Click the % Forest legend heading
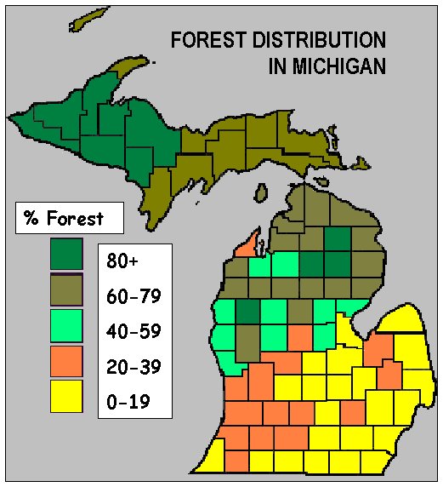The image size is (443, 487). coord(64,218)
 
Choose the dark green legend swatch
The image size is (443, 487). coord(65,254)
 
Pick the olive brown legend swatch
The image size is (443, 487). coord(65,290)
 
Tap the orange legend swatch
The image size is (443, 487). coord(65,361)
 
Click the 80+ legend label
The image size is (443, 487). coord(123,262)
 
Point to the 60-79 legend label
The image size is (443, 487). coord(133,297)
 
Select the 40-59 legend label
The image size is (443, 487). coord(133,333)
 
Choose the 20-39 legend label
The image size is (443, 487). coord(133,368)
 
